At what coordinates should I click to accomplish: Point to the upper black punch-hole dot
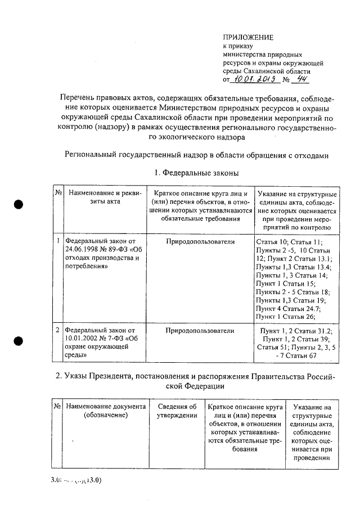pos(19,204)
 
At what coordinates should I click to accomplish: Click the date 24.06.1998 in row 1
pos(83,250)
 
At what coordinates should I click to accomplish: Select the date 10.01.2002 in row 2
pos(83,339)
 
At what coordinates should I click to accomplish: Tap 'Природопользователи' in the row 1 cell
pos(200,241)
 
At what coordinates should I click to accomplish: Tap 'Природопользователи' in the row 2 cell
pos(200,330)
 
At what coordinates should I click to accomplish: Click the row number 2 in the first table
pos(58,330)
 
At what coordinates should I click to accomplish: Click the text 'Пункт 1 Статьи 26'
pos(285,317)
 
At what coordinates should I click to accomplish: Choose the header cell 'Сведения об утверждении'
pos(177,411)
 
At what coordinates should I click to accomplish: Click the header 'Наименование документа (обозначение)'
pos(106,411)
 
